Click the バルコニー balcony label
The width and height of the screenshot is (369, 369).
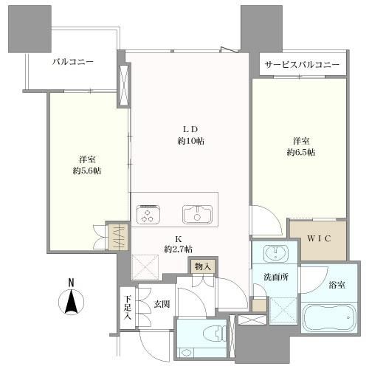point(73,62)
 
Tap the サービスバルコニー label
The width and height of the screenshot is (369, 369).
point(302,65)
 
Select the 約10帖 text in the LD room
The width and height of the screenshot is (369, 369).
point(191,141)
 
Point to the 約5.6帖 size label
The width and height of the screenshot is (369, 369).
point(87,170)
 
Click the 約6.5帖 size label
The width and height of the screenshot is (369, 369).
point(301,152)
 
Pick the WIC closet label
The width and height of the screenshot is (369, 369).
point(319,238)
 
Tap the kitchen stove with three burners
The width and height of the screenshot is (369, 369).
point(148,214)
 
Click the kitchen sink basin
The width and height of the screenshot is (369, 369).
point(197,215)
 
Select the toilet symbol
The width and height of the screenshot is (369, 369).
point(215,334)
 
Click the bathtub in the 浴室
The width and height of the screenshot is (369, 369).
point(328,318)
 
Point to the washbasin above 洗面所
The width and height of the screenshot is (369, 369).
point(275,253)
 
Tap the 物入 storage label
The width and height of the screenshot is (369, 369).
point(203,266)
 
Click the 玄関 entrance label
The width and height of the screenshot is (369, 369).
point(162,304)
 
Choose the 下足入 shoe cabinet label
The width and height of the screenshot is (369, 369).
point(128,308)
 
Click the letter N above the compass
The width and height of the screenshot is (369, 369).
point(71,283)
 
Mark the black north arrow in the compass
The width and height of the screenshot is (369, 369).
point(72,302)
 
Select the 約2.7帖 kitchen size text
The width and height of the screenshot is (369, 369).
point(179,249)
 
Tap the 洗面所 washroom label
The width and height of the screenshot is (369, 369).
point(276,277)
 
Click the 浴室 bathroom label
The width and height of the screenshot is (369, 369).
point(337,285)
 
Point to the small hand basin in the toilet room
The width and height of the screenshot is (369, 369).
point(187,353)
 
